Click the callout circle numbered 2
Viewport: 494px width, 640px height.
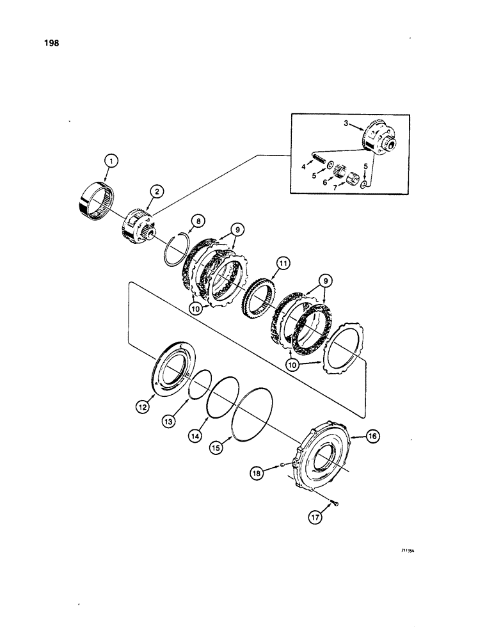tap(155, 190)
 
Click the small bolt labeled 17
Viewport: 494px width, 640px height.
tap(335, 506)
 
